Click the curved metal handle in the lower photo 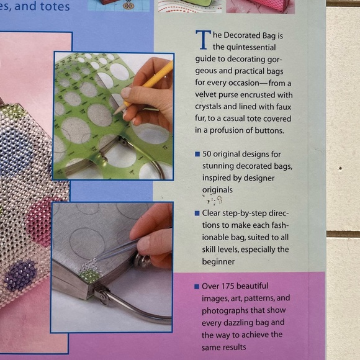pos(137,313)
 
